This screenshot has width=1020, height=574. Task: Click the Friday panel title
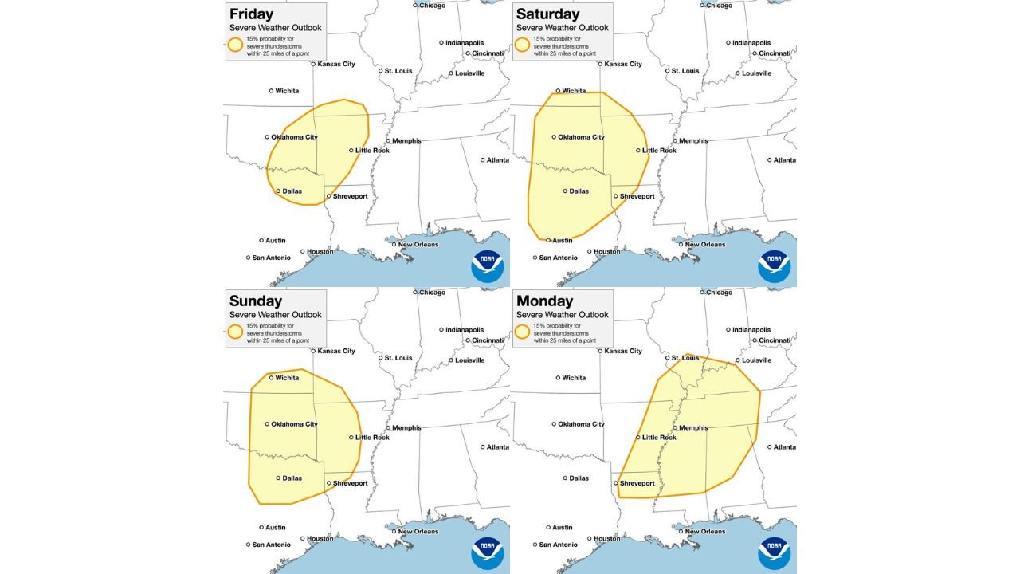pyautogui.click(x=251, y=14)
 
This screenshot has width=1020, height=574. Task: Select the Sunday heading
pyautogui.click(x=256, y=301)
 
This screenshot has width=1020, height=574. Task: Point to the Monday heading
pyautogui.click(x=544, y=301)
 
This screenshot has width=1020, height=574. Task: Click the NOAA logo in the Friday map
pyautogui.click(x=487, y=266)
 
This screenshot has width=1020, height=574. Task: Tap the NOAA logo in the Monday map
pyautogui.click(x=774, y=553)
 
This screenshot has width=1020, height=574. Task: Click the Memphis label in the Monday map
pyautogui.click(x=693, y=427)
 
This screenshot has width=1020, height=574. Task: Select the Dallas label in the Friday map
pyautogui.click(x=292, y=191)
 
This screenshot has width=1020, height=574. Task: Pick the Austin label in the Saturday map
pyautogui.click(x=563, y=240)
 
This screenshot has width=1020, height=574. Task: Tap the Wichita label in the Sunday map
pyautogui.click(x=287, y=378)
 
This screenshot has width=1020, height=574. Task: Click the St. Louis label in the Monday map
pyautogui.click(x=685, y=358)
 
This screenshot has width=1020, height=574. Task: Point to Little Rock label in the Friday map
pyautogui.click(x=372, y=151)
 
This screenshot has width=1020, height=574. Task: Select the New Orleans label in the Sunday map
pyautogui.click(x=418, y=532)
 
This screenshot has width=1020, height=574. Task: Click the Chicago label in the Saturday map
pyautogui.click(x=719, y=6)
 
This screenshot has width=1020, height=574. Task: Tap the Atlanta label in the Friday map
pyautogui.click(x=498, y=160)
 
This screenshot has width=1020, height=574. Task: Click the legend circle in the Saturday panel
pyautogui.click(x=522, y=45)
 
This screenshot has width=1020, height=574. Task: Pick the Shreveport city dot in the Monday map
pyautogui.click(x=616, y=482)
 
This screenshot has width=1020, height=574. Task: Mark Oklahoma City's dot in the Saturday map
pyautogui.click(x=554, y=137)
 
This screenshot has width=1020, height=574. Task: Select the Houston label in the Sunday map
pyautogui.click(x=320, y=538)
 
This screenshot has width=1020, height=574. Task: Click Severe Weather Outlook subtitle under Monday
pyautogui.click(x=562, y=315)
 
